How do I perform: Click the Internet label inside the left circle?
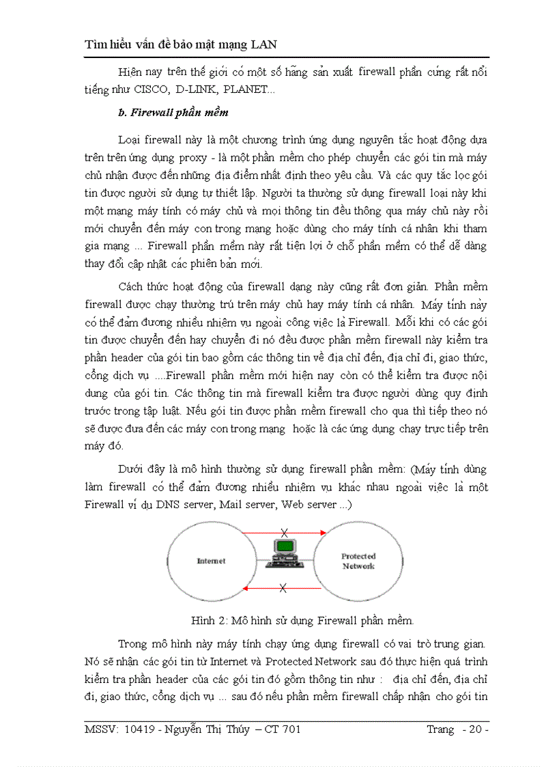(x=211, y=561)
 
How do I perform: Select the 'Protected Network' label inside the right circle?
(x=358, y=561)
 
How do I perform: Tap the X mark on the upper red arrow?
(x=284, y=532)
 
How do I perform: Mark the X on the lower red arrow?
(x=284, y=587)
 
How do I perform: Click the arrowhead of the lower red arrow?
(x=246, y=587)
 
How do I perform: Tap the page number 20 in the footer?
(x=473, y=729)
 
